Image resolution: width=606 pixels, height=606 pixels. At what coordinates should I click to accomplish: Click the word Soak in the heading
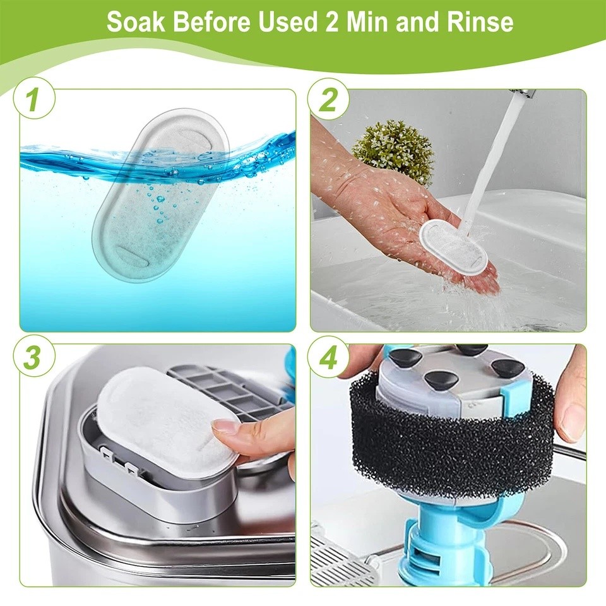pos(136,21)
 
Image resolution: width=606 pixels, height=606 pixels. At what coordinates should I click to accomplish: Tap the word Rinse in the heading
pos(480,21)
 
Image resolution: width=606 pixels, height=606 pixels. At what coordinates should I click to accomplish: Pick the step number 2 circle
pos(328,99)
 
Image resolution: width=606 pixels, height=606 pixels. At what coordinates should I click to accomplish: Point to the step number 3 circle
pos(34,356)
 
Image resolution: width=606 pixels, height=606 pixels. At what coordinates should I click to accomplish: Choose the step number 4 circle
pos(328,357)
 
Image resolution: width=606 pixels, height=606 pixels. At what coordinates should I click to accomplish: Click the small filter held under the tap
pos(454,247)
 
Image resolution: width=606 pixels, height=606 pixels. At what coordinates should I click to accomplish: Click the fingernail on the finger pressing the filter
pos(223,428)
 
